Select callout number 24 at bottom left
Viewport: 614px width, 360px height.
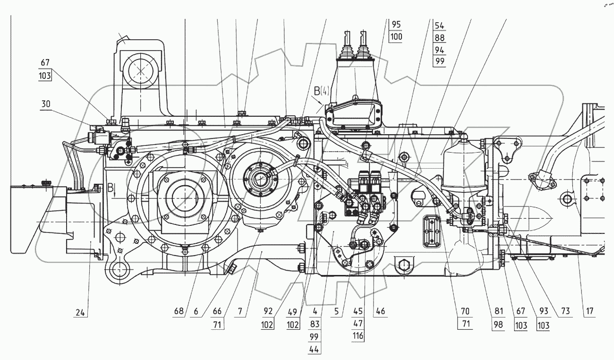point(81,312)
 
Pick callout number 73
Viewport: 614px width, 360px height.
point(565,312)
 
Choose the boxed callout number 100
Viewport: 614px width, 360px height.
point(395,37)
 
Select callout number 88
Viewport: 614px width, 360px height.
point(439,38)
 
